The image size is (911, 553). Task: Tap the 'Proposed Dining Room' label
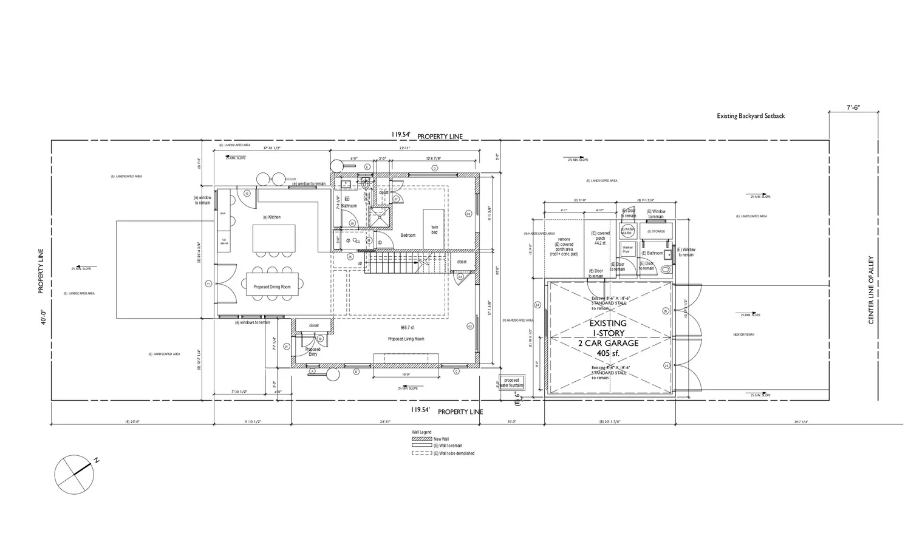pyautogui.click(x=272, y=287)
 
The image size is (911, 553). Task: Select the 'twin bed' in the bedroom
pyautogui.click(x=434, y=229)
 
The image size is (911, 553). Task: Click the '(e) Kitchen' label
pyautogui.click(x=271, y=217)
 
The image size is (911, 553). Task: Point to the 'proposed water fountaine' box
pyautogui.click(x=512, y=383)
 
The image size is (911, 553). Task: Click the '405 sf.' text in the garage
pyautogui.click(x=608, y=353)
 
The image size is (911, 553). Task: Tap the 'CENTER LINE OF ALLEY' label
pyautogui.click(x=871, y=290)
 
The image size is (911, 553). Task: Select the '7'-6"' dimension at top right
pyautogui.click(x=854, y=107)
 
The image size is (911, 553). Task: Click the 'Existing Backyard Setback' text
pyautogui.click(x=751, y=116)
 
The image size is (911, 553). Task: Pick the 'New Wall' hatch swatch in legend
pyautogui.click(x=421, y=438)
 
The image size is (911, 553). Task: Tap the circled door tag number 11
pyautogui.click(x=208, y=283)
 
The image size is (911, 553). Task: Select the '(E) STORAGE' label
pyautogui.click(x=656, y=231)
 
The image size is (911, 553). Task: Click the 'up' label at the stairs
pyautogui.click(x=360, y=263)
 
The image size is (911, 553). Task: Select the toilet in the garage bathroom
pyautogui.click(x=666, y=270)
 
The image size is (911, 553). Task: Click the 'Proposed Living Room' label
pyautogui.click(x=406, y=339)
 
